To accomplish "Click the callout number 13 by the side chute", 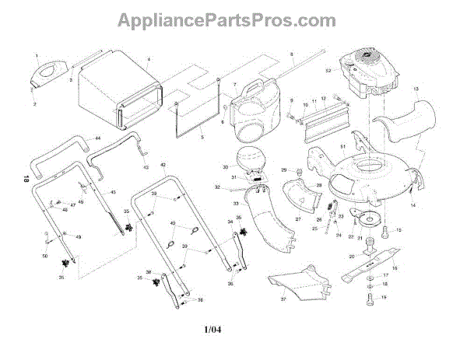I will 416,90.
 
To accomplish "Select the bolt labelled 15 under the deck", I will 389,230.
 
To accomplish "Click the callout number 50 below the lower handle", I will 44,256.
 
